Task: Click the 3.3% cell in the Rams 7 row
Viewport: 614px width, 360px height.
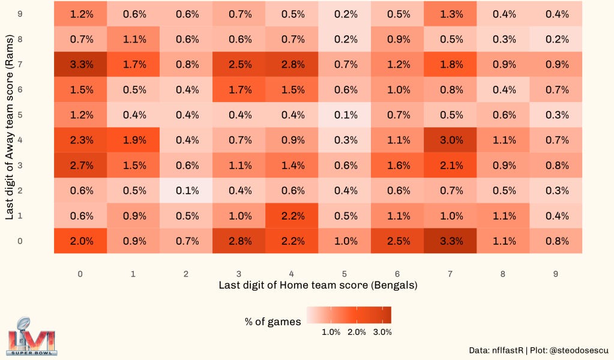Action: point(81,64)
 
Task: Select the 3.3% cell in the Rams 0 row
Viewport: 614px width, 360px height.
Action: point(451,241)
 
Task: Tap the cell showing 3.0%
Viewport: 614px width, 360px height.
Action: point(451,140)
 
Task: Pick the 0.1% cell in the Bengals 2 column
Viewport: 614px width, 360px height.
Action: point(187,191)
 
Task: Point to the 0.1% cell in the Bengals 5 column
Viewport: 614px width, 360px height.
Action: point(345,115)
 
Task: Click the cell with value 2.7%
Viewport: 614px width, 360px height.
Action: point(81,166)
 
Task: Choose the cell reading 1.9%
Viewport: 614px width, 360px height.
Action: point(134,140)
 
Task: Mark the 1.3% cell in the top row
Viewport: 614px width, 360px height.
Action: point(451,14)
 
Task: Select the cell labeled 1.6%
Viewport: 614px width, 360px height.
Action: point(398,166)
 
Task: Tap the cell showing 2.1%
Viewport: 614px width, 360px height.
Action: point(451,166)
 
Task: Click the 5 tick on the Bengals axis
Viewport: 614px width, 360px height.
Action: point(345,274)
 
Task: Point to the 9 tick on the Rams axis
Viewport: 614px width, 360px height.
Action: point(20,14)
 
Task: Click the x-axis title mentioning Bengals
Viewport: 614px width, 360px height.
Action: point(318,286)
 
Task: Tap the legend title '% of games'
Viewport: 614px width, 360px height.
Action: point(272,322)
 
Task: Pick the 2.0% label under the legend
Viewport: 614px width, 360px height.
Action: point(357,332)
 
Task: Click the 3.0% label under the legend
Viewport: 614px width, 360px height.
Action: point(382,332)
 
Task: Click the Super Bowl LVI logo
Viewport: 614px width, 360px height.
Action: point(32,335)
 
